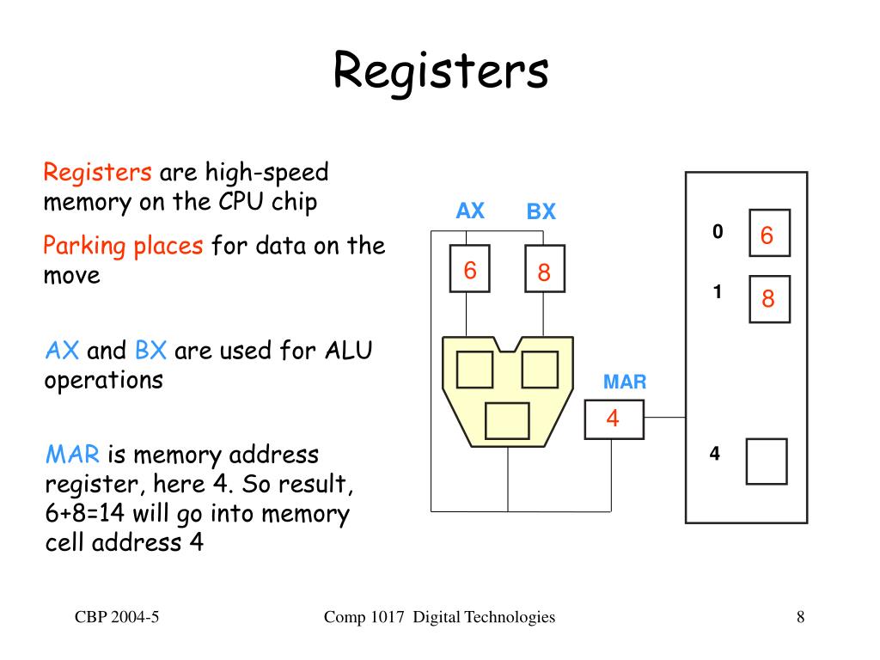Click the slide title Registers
tap(441, 72)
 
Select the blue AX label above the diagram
tap(470, 211)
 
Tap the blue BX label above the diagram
tap(541, 211)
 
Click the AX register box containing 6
tap(470, 268)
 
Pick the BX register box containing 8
tap(544, 268)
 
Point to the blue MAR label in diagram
tap(625, 382)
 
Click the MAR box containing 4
tap(614, 419)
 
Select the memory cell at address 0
tap(769, 233)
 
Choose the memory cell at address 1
tap(769, 299)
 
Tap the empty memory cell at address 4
tap(767, 461)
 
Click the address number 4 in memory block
tap(714, 454)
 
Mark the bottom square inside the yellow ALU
tap(507, 420)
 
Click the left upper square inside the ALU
tap(474, 370)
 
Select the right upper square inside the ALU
tap(540, 370)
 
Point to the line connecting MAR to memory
tap(665, 418)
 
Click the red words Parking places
tap(123, 246)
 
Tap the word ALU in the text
tap(349, 351)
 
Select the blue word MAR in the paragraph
tap(72, 454)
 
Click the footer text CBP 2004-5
tap(117, 617)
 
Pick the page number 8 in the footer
tap(800, 617)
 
